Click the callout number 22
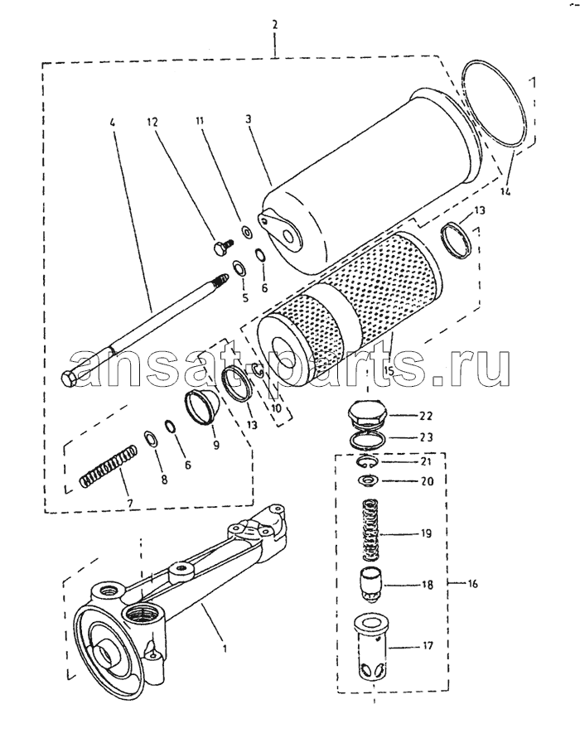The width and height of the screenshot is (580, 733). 426,416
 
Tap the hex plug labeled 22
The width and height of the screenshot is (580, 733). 368,415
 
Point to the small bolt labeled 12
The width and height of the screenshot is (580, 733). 222,246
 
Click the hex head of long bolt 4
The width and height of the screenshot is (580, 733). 70,379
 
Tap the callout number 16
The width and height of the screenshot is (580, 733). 472,583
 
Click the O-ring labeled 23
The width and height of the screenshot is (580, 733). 368,441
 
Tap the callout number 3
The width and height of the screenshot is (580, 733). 248,119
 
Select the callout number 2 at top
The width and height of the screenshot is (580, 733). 274,24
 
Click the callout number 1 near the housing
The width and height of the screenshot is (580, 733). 225,649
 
